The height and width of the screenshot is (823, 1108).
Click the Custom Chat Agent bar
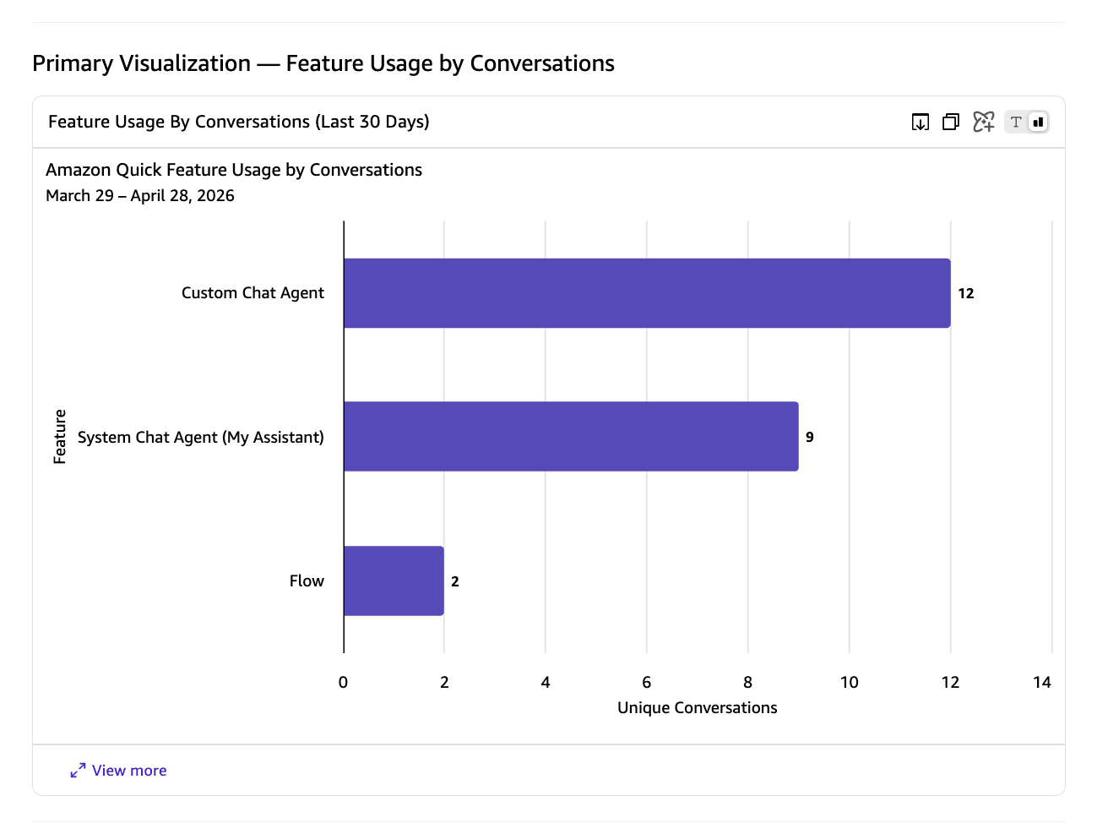[647, 293]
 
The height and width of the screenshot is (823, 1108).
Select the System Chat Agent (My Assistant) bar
[571, 437]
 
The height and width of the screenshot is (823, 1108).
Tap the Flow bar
[394, 580]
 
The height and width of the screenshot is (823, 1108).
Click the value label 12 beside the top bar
[965, 293]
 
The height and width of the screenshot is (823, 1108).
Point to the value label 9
[809, 437]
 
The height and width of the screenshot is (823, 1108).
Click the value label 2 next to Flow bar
[454, 581]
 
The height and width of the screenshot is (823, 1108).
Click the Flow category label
[307, 580]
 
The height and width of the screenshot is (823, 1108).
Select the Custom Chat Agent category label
[253, 293]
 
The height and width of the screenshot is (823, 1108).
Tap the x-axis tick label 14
[1041, 682]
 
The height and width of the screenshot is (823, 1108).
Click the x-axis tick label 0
[343, 682]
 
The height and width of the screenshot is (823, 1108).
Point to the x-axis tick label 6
[646, 682]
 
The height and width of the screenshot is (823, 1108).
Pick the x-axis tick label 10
[850, 682]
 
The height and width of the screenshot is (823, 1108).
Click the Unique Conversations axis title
[697, 707]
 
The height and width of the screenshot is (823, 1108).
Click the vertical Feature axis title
[59, 437]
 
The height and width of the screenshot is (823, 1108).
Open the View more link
[118, 770]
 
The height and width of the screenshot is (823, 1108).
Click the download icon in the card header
[921, 122]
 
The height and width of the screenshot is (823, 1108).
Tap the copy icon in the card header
[951, 122]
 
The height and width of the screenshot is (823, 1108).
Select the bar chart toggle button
[1038, 122]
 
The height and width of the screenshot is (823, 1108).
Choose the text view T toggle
[1016, 122]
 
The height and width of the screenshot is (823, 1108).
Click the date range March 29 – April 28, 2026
[140, 195]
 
